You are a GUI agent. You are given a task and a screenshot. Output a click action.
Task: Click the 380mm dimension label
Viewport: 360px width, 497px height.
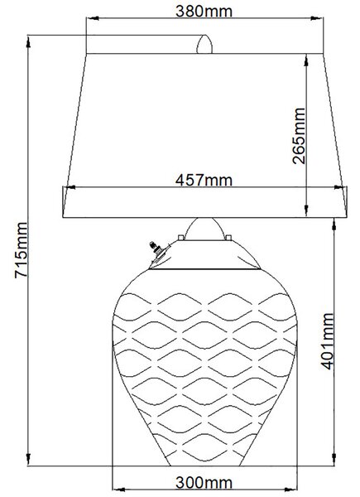point(204,11)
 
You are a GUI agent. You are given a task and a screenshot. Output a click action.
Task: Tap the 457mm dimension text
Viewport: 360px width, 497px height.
point(204,180)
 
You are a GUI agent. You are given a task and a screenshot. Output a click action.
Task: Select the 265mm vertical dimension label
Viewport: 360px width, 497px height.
point(299,136)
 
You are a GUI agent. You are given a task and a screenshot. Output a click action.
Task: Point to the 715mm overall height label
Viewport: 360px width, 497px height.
point(21,250)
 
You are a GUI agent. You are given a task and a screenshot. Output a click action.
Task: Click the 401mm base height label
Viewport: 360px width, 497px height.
point(328,341)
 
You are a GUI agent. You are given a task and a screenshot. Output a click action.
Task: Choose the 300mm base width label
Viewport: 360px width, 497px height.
point(204,483)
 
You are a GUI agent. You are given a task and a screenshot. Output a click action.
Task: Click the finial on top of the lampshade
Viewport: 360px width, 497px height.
point(204,45)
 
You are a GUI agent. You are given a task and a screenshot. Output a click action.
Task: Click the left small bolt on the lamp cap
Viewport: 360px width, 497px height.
point(180,238)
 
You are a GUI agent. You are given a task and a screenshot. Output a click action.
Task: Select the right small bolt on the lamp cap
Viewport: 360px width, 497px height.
point(228,238)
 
